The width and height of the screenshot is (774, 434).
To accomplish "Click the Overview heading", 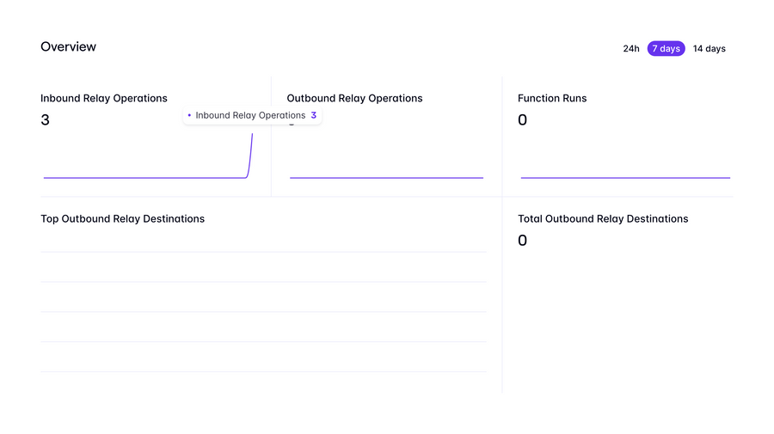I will click(x=68, y=47).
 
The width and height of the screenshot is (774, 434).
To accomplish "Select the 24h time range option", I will click(x=631, y=49).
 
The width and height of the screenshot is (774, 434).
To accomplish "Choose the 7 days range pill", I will click(x=666, y=49).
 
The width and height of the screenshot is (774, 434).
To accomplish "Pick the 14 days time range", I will click(x=709, y=49).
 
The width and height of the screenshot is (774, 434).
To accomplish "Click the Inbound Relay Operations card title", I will click(x=104, y=99).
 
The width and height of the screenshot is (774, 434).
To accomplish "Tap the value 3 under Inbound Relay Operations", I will click(x=46, y=120).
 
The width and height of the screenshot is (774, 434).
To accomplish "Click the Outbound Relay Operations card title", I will click(x=354, y=99).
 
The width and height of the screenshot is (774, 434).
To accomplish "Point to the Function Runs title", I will click(x=552, y=99).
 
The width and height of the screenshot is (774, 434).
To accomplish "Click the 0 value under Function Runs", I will click(x=522, y=120).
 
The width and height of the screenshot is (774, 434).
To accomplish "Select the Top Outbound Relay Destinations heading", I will click(x=122, y=219).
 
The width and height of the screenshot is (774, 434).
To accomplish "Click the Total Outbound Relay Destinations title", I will click(x=603, y=219).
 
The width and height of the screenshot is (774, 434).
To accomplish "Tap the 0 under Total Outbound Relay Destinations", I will click(x=522, y=241).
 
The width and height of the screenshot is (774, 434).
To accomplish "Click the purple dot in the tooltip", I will click(x=189, y=115).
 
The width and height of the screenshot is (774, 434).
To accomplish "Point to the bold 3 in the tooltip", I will click(x=314, y=115).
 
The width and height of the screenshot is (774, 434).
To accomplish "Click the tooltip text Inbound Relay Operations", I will click(x=250, y=115).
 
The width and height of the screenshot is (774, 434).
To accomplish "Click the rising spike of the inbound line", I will click(x=251, y=155).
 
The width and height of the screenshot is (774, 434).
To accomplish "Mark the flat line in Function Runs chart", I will click(x=625, y=178).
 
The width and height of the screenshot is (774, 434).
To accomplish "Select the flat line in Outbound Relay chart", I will click(x=386, y=178).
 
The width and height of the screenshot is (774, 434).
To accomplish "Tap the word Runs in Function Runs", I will click(x=574, y=99).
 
